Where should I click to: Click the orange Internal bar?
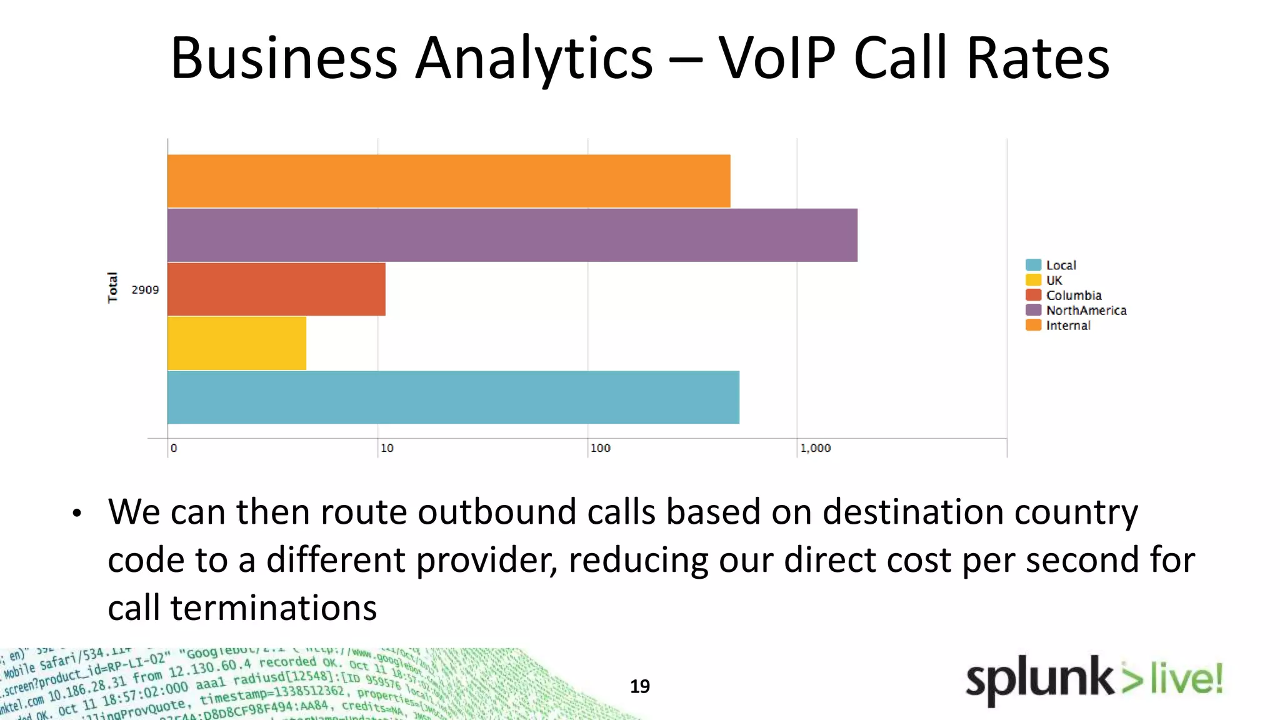pos(449,181)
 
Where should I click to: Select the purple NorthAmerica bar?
pos(512,235)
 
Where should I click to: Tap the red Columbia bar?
pos(276,289)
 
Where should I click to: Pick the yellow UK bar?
pos(237,343)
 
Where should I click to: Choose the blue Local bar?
pos(453,397)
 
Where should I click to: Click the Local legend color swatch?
pos(1033,265)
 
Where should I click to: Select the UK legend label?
pos(1054,280)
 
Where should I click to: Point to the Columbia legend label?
pos(1073,295)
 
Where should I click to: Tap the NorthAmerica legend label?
pos(1086,310)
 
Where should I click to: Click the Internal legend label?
pos(1067,325)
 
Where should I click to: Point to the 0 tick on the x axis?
pos(174,448)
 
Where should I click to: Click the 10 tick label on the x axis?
pos(387,448)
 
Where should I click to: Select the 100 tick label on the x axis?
pos(600,448)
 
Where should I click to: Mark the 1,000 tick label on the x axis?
pos(815,448)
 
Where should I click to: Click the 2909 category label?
pos(145,289)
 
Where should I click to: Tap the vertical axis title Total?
pos(112,287)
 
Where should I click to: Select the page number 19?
pos(639,686)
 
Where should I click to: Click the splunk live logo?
pos(1093,680)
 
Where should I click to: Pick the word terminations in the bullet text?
pos(273,607)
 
